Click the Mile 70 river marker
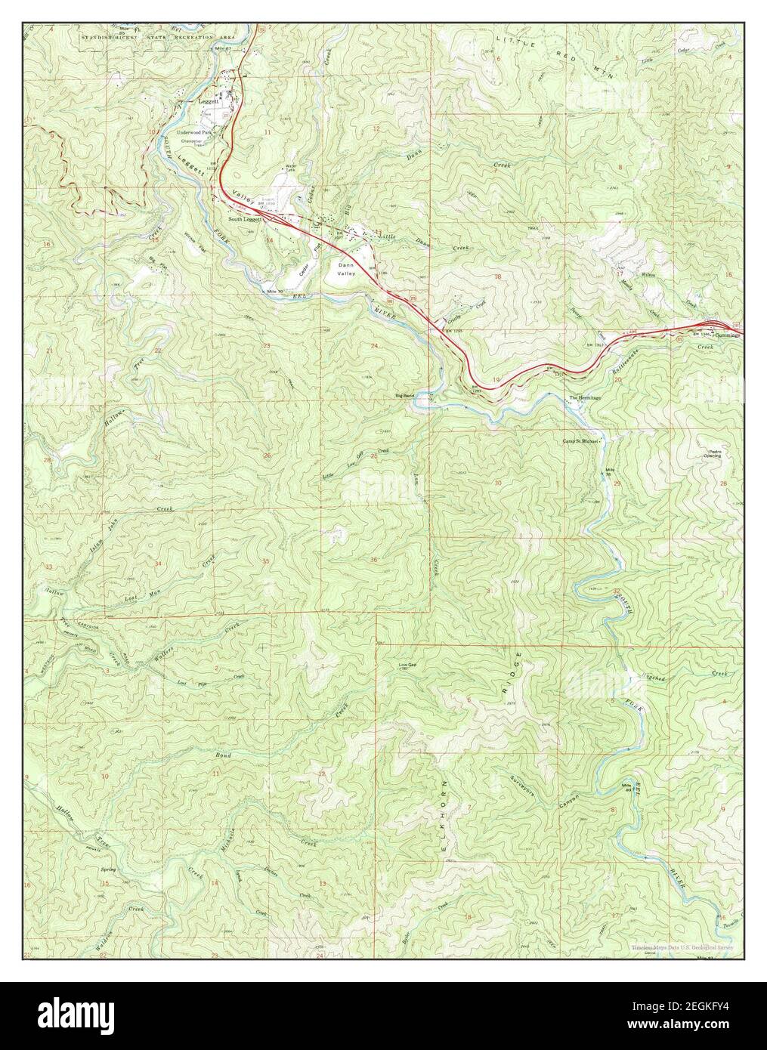[x=268, y=291]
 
